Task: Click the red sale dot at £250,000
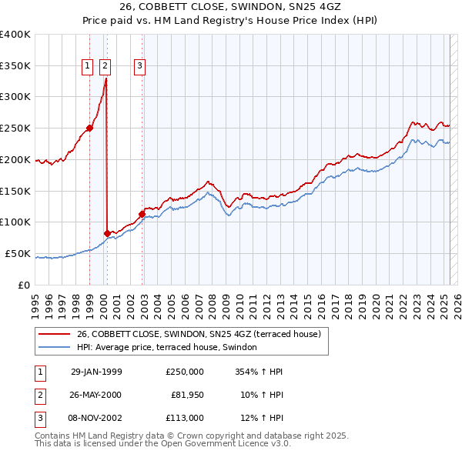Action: [90, 128]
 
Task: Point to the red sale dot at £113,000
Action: [142, 214]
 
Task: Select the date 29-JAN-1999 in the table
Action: [96, 372]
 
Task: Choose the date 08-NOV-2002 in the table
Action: [96, 418]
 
